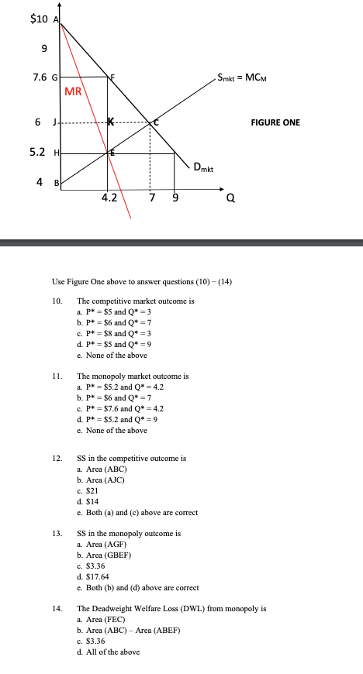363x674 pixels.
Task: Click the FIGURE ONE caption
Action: (x=276, y=122)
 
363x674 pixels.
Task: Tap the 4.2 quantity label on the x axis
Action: (x=109, y=198)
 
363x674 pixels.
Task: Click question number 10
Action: (x=57, y=300)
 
